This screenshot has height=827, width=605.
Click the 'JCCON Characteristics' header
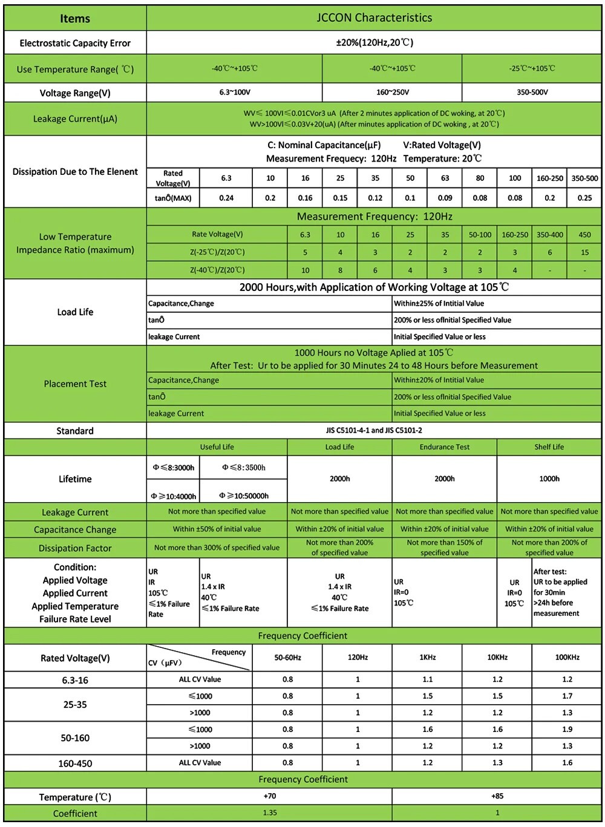(x=374, y=18)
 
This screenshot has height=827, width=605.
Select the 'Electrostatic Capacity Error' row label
(x=75, y=43)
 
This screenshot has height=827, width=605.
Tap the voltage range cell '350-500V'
(x=532, y=93)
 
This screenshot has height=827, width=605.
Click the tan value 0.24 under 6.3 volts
(x=226, y=198)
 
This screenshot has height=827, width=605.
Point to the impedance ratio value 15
(x=584, y=252)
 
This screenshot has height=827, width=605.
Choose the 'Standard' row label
(x=75, y=431)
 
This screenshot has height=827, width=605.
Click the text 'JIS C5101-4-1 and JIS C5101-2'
(x=374, y=430)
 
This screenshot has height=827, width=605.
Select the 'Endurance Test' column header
(x=445, y=447)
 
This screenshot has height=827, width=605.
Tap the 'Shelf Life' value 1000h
(x=549, y=479)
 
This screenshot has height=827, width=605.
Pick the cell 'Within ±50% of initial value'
(x=217, y=529)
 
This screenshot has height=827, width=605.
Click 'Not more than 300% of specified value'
(x=217, y=548)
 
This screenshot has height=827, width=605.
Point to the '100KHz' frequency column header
(x=567, y=657)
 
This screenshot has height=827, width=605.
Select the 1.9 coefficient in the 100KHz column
(x=567, y=729)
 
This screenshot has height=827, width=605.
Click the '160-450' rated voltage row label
(x=75, y=763)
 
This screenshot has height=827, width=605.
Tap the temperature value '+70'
(x=270, y=796)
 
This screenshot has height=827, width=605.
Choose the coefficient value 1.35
(x=270, y=812)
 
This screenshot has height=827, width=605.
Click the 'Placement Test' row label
(x=75, y=384)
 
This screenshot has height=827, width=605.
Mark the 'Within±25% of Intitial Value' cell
(x=439, y=304)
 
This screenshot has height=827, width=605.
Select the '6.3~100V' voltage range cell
(x=235, y=93)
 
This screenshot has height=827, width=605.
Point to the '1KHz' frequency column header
(x=427, y=657)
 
